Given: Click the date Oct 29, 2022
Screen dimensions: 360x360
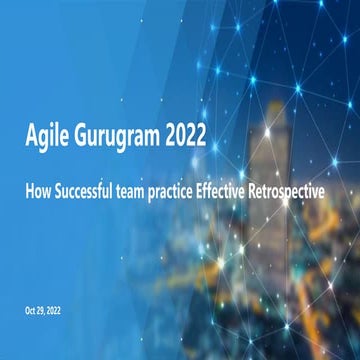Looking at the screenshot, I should click(x=47, y=311).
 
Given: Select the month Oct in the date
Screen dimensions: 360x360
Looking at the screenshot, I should click(x=32, y=311).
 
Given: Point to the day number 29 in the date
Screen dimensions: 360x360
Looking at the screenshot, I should click(x=45, y=311).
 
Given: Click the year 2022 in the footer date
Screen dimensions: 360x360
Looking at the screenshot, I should click(x=61, y=311).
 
